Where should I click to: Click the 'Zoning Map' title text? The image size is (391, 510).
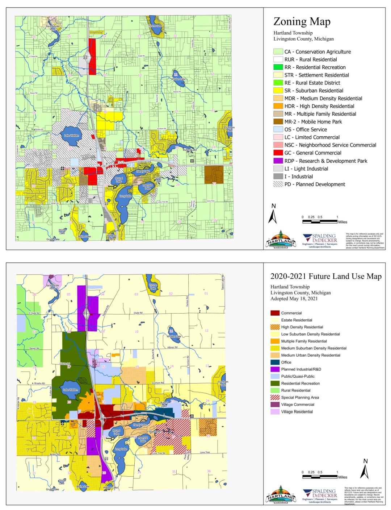[x=302, y=22]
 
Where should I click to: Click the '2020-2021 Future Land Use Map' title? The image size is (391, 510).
[x=326, y=276]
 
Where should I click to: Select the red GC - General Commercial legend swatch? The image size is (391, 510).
[x=278, y=153]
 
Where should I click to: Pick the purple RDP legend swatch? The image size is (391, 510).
[x=278, y=161]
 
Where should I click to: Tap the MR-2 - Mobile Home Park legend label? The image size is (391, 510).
[x=313, y=122]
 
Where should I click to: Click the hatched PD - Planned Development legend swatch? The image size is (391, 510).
[x=278, y=184]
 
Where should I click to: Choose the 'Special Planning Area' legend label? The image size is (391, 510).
[x=300, y=398]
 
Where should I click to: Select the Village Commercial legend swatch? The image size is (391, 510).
[x=275, y=405]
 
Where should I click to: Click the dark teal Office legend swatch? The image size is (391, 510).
[x=275, y=362]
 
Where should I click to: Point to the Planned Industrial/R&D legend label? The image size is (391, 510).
[x=301, y=369]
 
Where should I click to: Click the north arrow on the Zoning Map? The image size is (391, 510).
[x=273, y=214]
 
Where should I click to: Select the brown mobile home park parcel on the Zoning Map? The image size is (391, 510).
[x=214, y=174]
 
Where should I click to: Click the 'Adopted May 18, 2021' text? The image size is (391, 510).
[x=294, y=299]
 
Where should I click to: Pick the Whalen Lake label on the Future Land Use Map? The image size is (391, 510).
[x=173, y=336]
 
